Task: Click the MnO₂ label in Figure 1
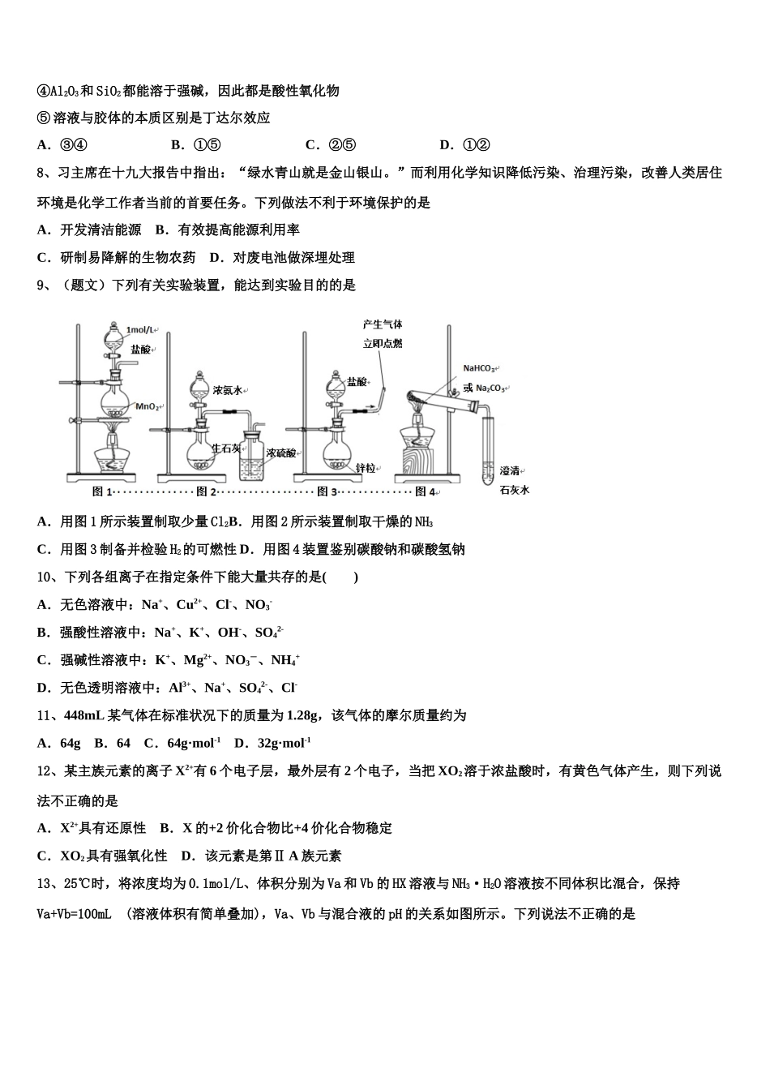[x=148, y=406]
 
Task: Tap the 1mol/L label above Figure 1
[x=140, y=330]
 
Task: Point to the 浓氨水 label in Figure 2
[x=229, y=389]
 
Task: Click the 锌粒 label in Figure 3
[x=366, y=468]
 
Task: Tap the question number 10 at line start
[x=45, y=577]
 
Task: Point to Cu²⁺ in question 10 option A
[x=189, y=605]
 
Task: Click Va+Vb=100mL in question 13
[x=75, y=914]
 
